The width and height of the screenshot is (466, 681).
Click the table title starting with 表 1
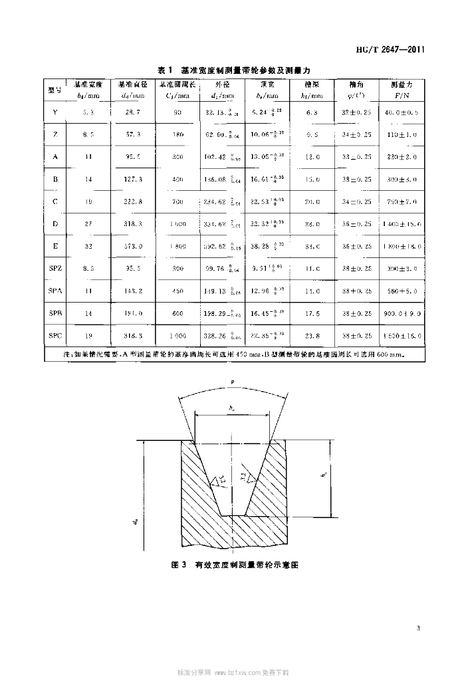235,70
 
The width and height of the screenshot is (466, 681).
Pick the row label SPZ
55,270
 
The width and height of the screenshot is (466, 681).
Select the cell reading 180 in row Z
177,135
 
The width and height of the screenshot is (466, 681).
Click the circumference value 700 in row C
177,202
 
